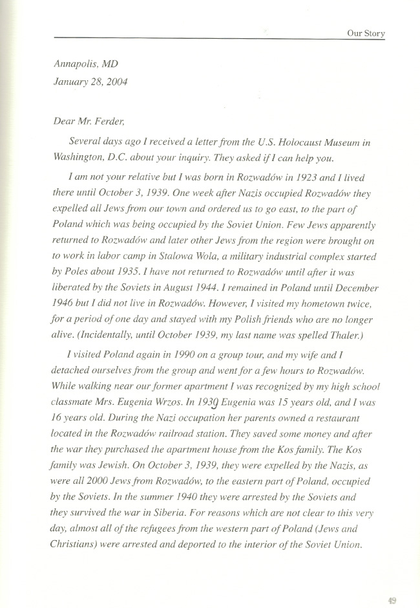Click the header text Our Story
[x=366, y=33]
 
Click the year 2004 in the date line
[x=118, y=82]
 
